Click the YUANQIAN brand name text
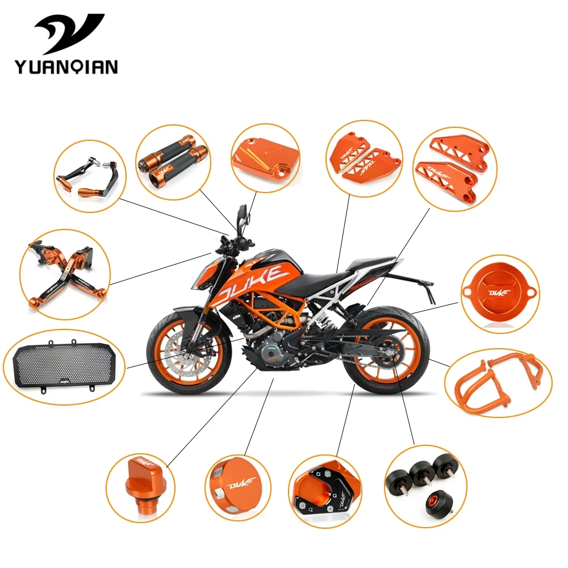(x=66, y=66)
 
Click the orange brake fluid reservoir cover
(x=264, y=156)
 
